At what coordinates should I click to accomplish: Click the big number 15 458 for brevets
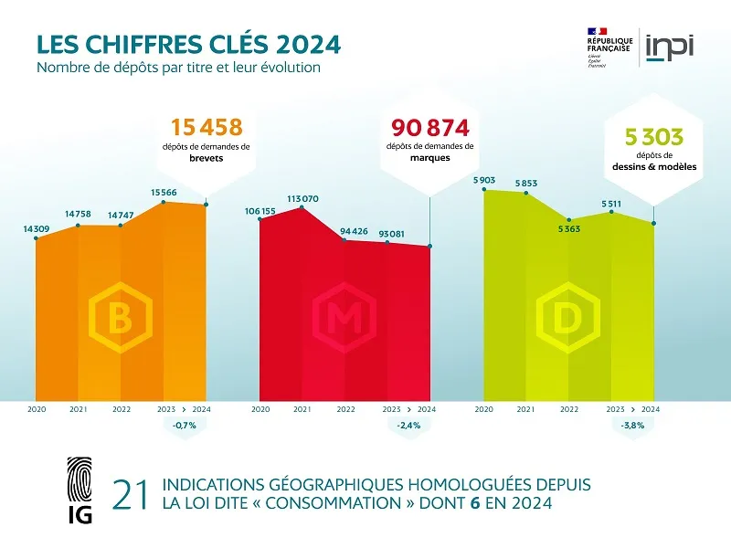click(207, 127)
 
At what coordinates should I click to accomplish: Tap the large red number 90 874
click(429, 127)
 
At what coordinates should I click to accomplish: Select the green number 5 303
click(653, 137)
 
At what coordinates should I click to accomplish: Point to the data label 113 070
click(302, 198)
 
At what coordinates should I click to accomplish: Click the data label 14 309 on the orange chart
click(37, 228)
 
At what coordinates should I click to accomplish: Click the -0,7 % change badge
click(185, 426)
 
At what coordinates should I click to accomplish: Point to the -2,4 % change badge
click(408, 426)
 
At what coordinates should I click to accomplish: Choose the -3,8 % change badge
click(632, 426)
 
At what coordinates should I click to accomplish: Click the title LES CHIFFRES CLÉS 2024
click(188, 44)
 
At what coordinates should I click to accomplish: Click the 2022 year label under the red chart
click(345, 410)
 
